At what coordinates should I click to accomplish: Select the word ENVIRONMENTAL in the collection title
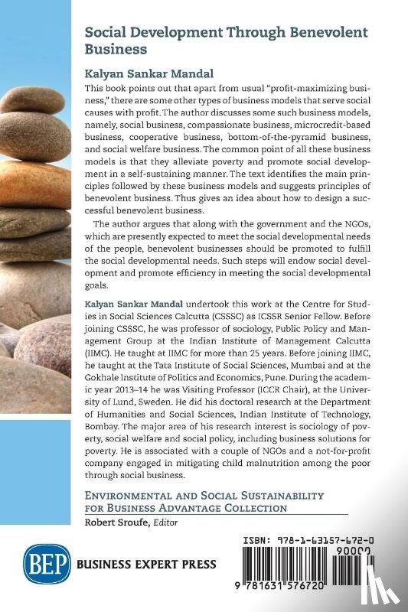tap(131, 496)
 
